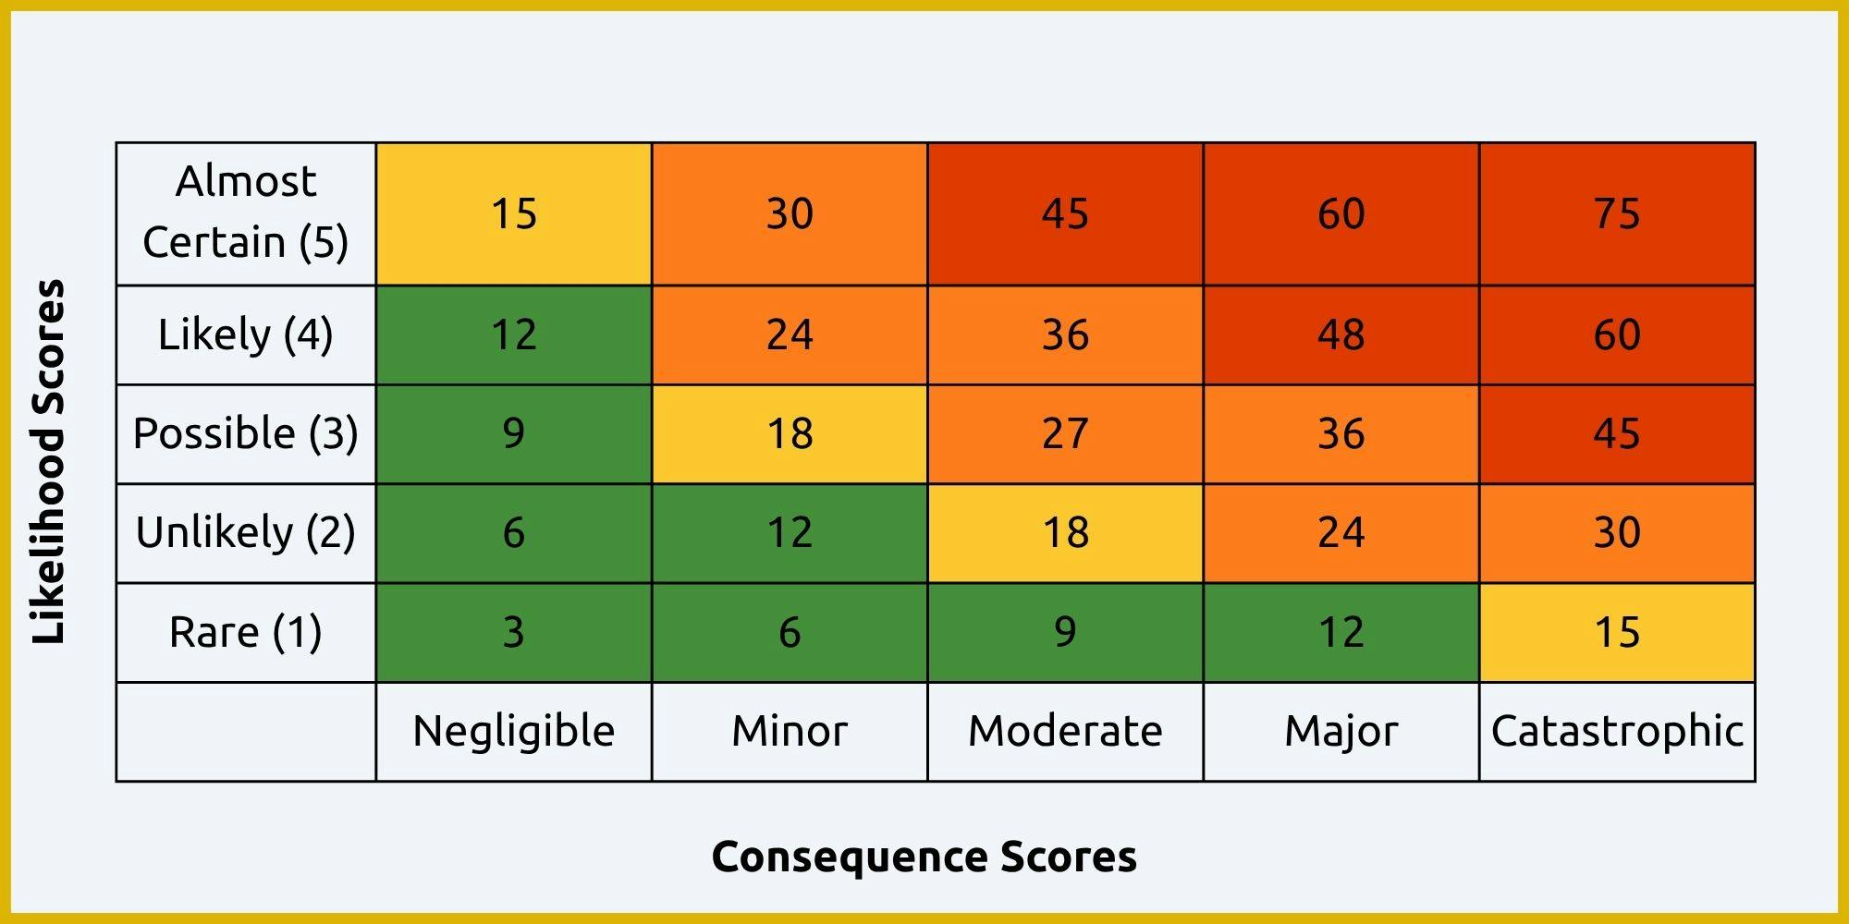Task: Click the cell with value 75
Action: pyautogui.click(x=1617, y=213)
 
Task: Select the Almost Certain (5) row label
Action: pyautogui.click(x=246, y=213)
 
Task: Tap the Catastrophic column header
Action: pyautogui.click(x=1617, y=731)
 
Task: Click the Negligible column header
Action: pyautogui.click(x=514, y=731)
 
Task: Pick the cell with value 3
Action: pyautogui.click(x=514, y=632)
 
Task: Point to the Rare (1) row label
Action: pyautogui.click(x=246, y=632)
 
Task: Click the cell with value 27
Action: pyautogui.click(x=1065, y=433)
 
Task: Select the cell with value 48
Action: pyautogui.click(x=1341, y=334)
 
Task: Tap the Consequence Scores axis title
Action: pyautogui.click(x=924, y=857)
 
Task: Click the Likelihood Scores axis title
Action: pyautogui.click(x=49, y=462)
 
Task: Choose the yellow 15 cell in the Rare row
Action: pyautogui.click(x=1617, y=632)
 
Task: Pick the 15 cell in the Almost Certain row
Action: pyautogui.click(x=514, y=213)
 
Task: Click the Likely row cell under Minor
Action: pyautogui.click(x=790, y=334)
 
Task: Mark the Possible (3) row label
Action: pyautogui.click(x=246, y=433)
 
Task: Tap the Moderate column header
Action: pyautogui.click(x=1065, y=731)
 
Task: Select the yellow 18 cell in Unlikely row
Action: pyautogui.click(x=1065, y=533)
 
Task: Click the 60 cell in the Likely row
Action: pyautogui.click(x=1617, y=334)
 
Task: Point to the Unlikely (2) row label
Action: pyautogui.click(x=246, y=533)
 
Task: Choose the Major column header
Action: pyautogui.click(x=1341, y=731)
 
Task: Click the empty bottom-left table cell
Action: pyautogui.click(x=246, y=731)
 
